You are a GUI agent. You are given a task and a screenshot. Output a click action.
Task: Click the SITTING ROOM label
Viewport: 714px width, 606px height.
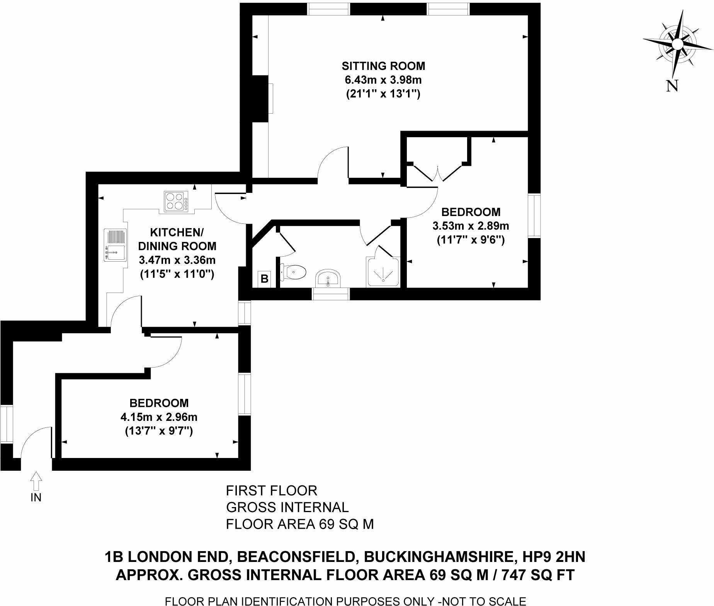point(383,66)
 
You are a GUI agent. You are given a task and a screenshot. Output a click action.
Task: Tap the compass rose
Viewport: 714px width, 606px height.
point(677,44)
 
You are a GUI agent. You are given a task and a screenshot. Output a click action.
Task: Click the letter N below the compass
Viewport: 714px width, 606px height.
point(672,86)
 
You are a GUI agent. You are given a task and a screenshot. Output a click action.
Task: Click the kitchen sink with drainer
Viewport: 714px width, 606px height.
point(115,246)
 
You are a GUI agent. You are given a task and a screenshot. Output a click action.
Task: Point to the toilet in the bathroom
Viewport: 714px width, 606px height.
point(294,271)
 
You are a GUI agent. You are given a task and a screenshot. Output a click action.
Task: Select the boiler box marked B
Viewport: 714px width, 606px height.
point(265,279)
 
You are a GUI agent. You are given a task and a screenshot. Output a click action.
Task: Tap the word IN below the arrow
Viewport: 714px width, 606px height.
point(36,497)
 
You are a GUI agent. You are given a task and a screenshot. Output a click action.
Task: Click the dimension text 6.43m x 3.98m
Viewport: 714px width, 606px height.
point(383,80)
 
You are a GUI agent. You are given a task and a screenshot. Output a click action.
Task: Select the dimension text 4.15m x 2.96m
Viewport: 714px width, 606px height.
point(159,417)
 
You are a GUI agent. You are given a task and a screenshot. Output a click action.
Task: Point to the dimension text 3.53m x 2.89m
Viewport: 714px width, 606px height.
point(471,226)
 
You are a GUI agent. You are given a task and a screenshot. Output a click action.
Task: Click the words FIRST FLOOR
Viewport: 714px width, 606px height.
point(271,491)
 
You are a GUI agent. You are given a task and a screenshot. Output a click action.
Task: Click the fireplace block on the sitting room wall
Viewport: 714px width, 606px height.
point(260,99)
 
